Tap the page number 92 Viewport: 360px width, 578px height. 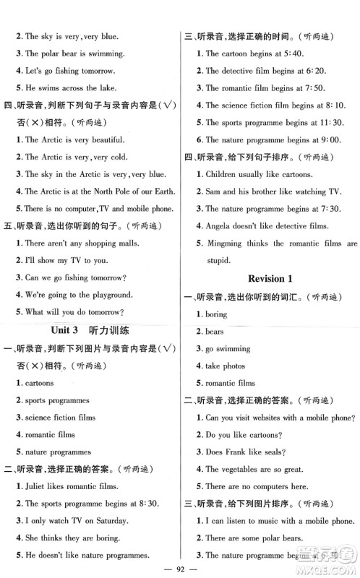180,569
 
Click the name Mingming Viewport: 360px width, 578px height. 227,244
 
